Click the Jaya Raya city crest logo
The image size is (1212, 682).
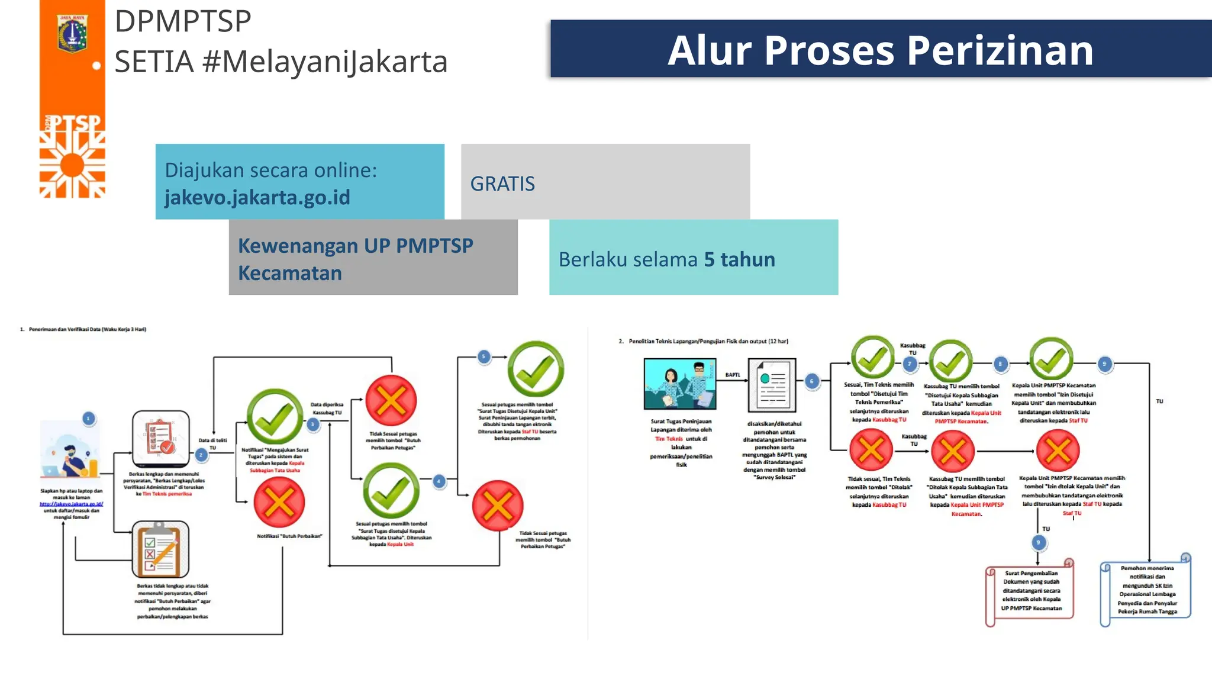tap(72, 33)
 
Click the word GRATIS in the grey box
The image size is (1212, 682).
tap(502, 184)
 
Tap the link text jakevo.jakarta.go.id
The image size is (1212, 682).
tap(257, 197)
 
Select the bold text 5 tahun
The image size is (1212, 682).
tap(739, 259)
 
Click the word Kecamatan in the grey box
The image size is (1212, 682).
tap(290, 274)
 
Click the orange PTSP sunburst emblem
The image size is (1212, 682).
tap(72, 164)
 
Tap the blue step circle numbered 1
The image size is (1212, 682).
tap(88, 419)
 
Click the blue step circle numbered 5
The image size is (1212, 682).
tap(484, 356)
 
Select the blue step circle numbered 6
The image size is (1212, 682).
tap(812, 381)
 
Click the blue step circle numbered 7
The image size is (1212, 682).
tap(910, 364)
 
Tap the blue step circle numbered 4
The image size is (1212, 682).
tap(439, 481)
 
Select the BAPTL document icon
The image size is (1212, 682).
tap(772, 385)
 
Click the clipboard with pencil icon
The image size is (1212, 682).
tap(160, 549)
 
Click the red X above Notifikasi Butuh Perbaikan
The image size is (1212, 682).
tap(279, 503)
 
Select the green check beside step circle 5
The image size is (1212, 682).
tap(536, 369)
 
